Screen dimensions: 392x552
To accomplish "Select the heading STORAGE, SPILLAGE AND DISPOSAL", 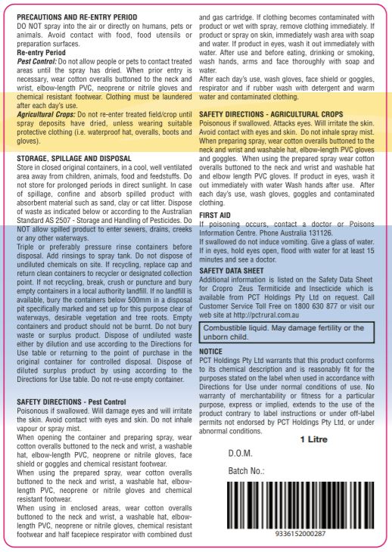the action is coord(74,157).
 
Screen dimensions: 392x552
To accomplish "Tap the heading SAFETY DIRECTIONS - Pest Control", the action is coord(70,401).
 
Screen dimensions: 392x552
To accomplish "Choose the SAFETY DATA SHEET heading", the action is coord(232,270).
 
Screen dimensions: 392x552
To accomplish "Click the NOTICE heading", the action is coord(210,352).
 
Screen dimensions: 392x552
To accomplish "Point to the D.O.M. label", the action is coord(241,454).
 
